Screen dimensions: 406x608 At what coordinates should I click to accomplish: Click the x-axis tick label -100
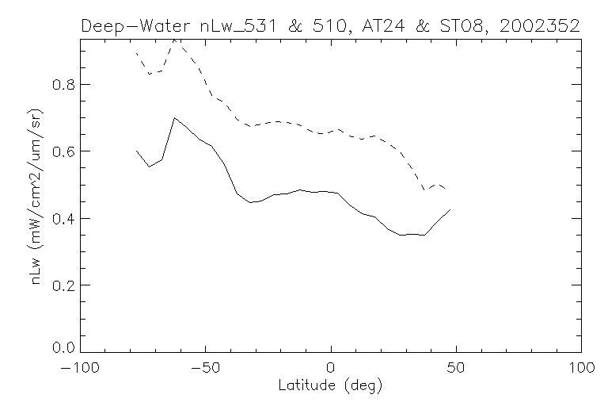point(81,368)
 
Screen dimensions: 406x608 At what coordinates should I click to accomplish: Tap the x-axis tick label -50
point(206,368)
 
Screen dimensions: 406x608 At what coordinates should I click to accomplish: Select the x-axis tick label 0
point(331,368)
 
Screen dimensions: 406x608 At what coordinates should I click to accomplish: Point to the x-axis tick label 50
point(456,368)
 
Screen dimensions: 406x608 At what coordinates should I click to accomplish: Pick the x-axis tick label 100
point(580,368)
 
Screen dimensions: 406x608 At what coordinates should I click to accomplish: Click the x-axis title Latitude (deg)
point(331,386)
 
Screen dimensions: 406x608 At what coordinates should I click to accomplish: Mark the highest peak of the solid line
point(174,118)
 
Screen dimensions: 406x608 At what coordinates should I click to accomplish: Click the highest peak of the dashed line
point(175,39)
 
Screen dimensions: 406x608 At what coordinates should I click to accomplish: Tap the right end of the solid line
point(450,209)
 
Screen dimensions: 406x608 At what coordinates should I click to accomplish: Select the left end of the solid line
point(137,151)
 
